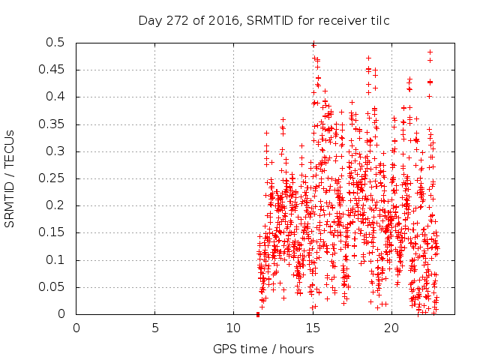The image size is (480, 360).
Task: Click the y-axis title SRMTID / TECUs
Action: pos(10,178)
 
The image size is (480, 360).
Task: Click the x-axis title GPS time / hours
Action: pos(263,349)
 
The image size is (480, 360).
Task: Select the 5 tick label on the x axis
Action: pos(155,328)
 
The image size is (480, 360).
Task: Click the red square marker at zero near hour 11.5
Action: pos(258,314)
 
